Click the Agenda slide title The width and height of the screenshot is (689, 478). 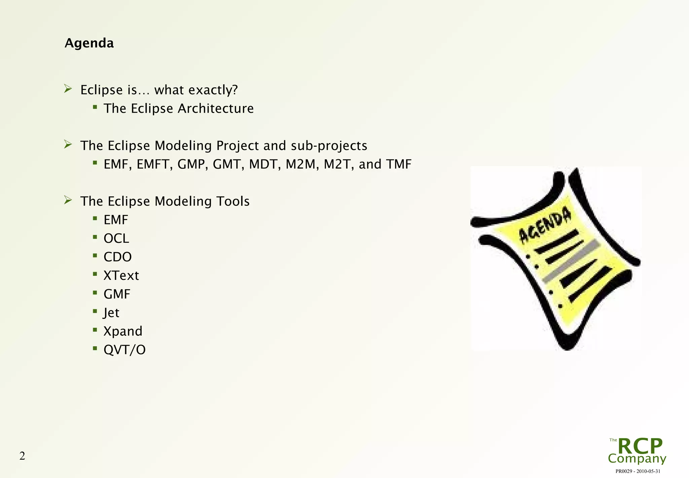click(89, 43)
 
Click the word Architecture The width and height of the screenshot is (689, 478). click(216, 109)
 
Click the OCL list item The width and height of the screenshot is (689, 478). click(116, 238)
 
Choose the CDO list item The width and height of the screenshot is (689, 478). click(117, 257)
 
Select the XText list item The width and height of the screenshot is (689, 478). click(121, 275)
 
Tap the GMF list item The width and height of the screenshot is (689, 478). click(117, 294)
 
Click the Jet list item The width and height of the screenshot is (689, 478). click(111, 313)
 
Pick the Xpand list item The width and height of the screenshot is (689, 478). click(123, 331)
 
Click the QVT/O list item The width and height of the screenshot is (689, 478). click(124, 350)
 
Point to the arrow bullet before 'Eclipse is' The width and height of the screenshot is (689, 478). click(68, 89)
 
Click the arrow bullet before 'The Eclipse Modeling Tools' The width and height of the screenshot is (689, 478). click(68, 200)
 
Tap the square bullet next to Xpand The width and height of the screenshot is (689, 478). click(95, 330)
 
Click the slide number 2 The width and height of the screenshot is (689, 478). click(22, 456)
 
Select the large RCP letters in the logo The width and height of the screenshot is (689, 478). click(640, 446)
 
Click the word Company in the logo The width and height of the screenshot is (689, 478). click(637, 458)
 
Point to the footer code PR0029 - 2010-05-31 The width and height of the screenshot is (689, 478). click(638, 471)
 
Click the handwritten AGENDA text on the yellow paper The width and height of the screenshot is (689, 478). click(545, 225)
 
